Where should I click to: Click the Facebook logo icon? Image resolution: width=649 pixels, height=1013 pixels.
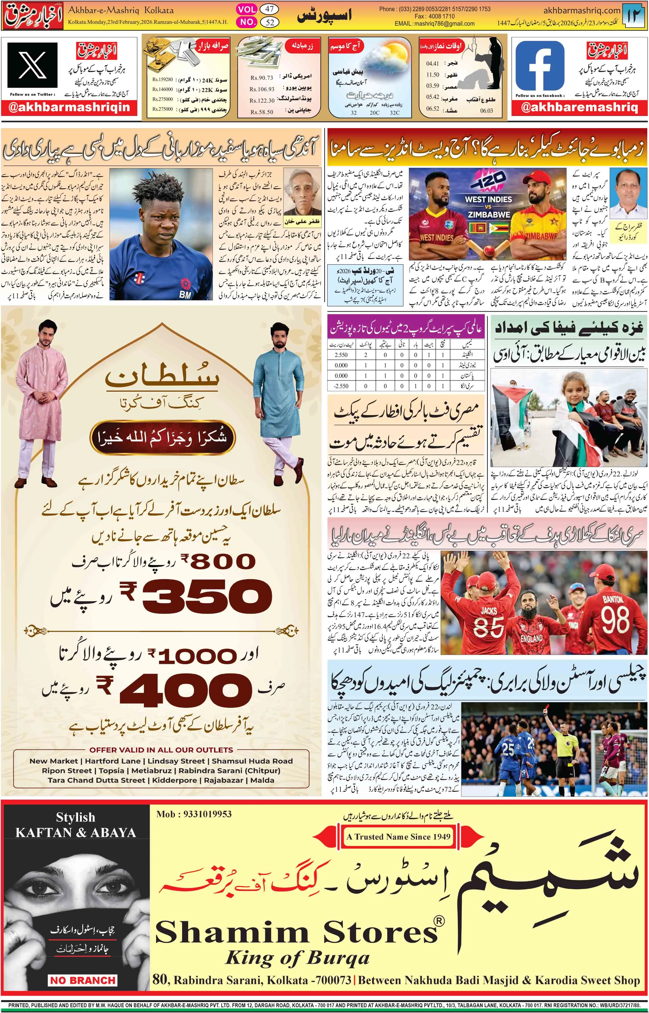pyautogui.click(x=540, y=66)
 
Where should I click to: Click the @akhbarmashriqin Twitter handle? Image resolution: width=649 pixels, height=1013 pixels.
pyautogui.click(x=69, y=107)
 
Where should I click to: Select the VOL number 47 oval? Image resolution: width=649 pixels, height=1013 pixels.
pyautogui.click(x=269, y=9)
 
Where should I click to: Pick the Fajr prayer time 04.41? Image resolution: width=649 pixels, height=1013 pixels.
pyautogui.click(x=432, y=64)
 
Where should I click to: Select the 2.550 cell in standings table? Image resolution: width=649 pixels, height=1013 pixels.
pyautogui.click(x=341, y=355)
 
